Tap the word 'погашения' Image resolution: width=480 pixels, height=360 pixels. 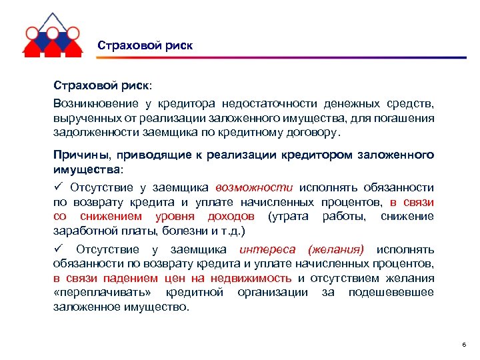coord(407,118)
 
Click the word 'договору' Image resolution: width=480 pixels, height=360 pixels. coord(316,132)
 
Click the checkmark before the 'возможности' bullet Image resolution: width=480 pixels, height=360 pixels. coord(57,188)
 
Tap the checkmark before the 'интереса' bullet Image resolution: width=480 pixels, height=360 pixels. coord(57,249)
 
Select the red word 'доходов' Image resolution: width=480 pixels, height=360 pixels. coord(230,217)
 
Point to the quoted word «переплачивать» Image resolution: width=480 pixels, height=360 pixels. coord(107,293)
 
